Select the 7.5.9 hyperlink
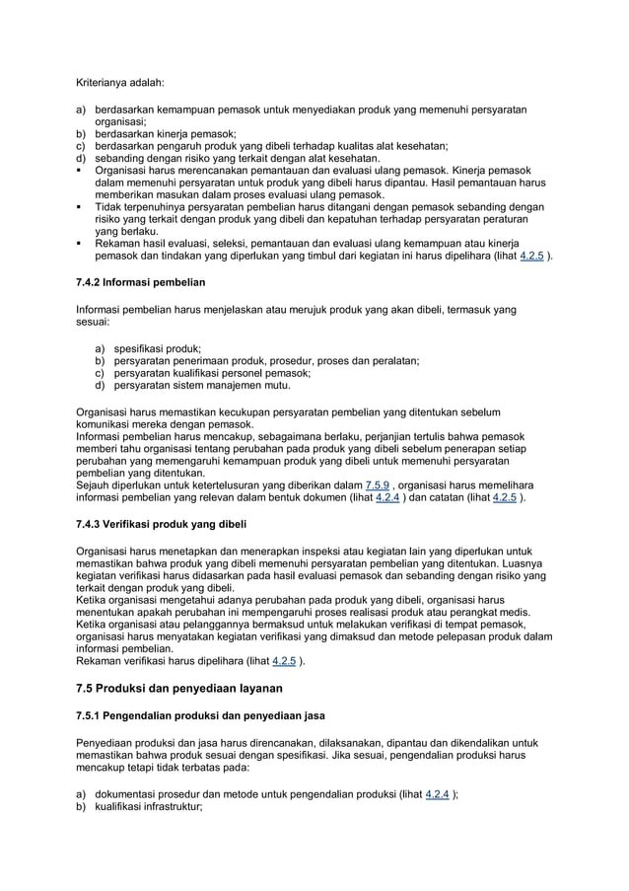pos(379,484)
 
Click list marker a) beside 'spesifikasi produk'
pos(100,348)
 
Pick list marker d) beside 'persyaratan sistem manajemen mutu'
pos(100,386)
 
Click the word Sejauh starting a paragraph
pos(96,484)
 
